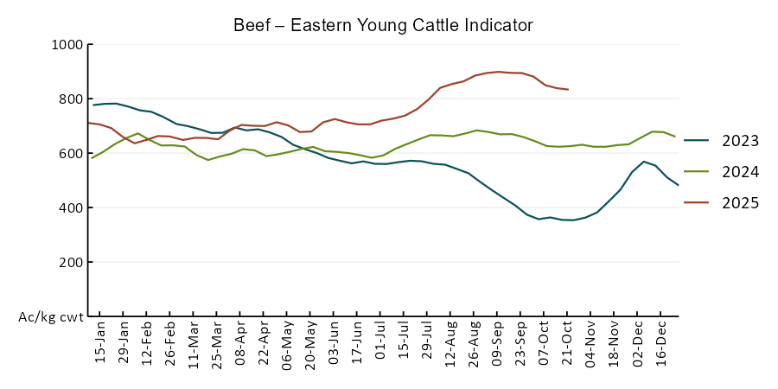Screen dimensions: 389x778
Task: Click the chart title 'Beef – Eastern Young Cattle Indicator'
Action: click(383, 25)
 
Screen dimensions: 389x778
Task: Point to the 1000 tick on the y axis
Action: click(67, 45)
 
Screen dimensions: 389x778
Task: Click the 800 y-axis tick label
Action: click(70, 99)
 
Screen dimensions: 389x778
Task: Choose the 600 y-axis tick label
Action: click(70, 154)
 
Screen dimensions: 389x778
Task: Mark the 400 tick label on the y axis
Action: click(70, 208)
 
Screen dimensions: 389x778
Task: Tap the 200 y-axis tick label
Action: click(70, 263)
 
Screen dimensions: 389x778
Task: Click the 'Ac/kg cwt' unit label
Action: click(51, 317)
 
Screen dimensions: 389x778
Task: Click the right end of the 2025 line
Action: click(567, 89)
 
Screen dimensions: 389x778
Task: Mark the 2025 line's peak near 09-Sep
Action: click(499, 72)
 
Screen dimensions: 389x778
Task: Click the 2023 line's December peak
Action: click(645, 162)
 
